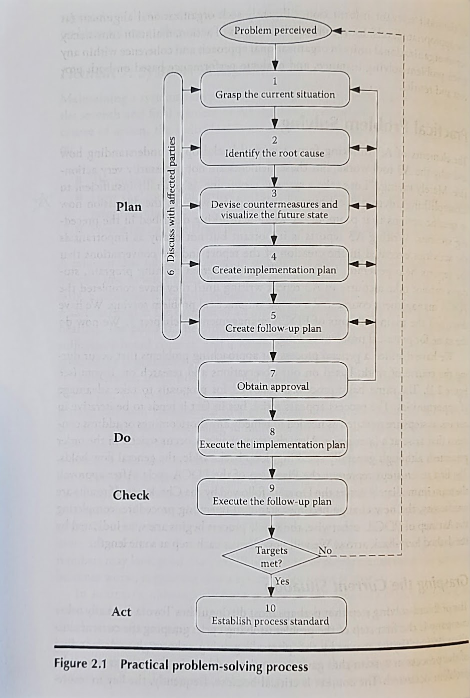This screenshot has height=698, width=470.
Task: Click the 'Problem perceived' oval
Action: point(275,30)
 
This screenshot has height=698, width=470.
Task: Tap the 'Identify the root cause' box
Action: point(274,148)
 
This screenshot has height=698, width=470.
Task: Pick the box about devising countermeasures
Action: point(274,206)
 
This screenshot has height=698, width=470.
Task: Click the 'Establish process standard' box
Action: point(270,615)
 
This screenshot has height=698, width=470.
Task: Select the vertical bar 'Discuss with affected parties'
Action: point(172,205)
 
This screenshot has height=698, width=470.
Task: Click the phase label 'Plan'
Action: point(129,207)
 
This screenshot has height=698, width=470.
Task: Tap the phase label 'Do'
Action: point(122,438)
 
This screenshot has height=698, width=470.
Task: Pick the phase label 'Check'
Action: point(131,495)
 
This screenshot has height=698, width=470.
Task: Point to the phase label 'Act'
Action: point(122,612)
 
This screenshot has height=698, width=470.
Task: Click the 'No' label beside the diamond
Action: point(325,550)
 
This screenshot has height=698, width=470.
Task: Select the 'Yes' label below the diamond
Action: point(282,581)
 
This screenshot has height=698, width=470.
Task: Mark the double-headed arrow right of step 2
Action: point(363,148)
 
